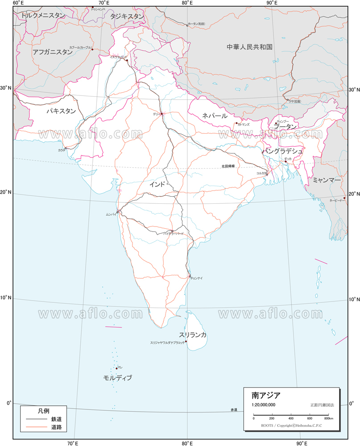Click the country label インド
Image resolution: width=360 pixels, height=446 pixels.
pos(157,184)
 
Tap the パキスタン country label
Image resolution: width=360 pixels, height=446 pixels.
pos(61,111)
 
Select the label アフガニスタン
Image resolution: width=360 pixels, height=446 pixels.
pos(52,52)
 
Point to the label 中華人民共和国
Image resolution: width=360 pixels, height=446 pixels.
pos(249,47)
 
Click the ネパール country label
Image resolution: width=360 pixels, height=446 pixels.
pos(215,116)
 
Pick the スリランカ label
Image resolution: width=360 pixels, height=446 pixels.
pos(193,335)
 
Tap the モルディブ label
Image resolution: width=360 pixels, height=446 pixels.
pos(118,378)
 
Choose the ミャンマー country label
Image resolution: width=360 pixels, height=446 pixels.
pos(327,180)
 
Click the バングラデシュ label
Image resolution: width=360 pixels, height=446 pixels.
pos(282,151)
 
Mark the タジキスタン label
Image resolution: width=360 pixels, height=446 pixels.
pos(127,16)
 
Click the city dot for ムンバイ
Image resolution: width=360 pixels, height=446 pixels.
pos(118,211)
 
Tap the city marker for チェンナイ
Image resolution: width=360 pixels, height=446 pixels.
pos(190,276)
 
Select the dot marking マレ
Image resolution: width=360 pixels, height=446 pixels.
pos(116,368)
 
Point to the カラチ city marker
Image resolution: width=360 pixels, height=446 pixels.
pos(66,148)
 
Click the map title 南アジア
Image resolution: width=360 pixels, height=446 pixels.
pos(266,395)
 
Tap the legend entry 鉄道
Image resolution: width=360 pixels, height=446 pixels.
pos(56,419)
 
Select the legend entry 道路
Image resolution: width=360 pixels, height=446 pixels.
pos(56,428)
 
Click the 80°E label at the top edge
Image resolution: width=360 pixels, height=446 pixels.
pos(187,3)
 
